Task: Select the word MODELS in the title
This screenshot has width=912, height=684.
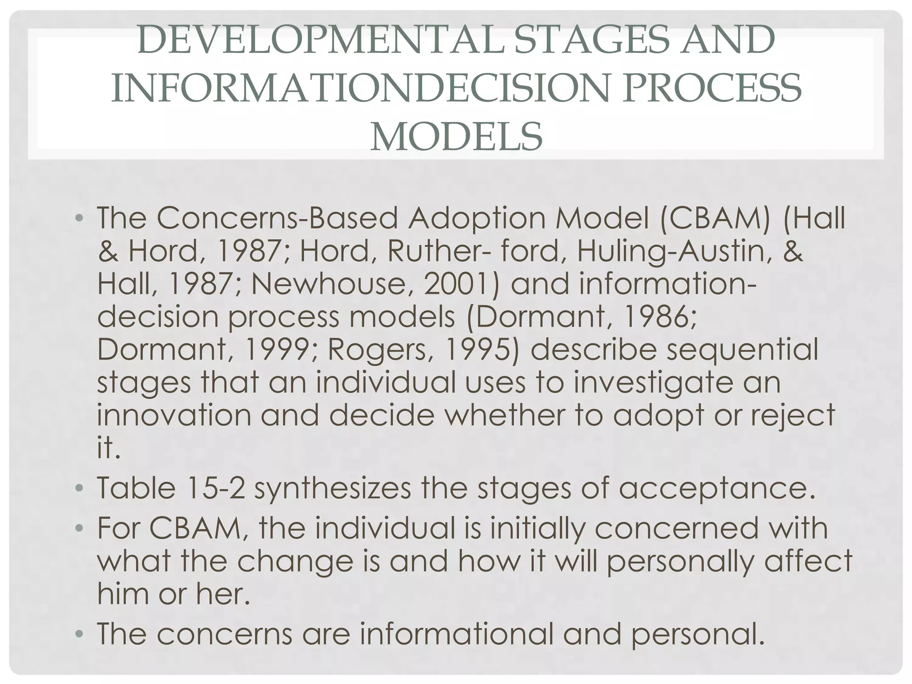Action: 456,137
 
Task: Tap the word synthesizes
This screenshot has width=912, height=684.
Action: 333,489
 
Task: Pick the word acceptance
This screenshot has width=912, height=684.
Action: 717,489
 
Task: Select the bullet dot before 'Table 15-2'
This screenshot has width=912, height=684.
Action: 79,489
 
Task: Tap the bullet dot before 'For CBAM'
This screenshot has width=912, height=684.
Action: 79,529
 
